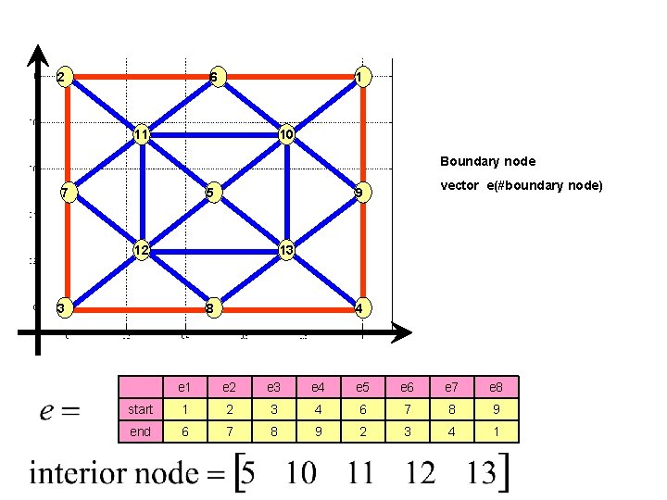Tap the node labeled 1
[x=362, y=76]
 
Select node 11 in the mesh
[x=141, y=135]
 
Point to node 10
[x=287, y=135]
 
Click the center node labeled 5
[x=213, y=193]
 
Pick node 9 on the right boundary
[x=362, y=193]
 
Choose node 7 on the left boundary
[x=63, y=193]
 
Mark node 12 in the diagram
[x=141, y=250]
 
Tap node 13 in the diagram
[x=287, y=250]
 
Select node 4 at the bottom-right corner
[x=362, y=307]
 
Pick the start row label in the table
[x=141, y=409]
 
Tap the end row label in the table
[x=141, y=431]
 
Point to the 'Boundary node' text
[x=487, y=161]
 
